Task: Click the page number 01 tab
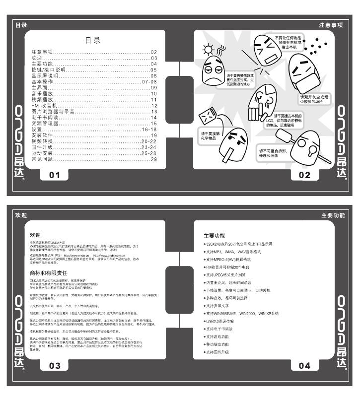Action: [54, 175]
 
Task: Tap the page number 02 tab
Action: [304, 175]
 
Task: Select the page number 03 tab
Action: [54, 366]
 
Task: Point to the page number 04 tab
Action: [304, 366]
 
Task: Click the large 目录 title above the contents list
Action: [93, 41]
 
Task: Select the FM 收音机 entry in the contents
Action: [45, 106]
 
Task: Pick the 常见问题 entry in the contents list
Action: [42, 159]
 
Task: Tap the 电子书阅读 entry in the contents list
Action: [45, 118]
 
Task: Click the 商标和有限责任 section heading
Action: [49, 272]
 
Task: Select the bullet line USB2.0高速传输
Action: [224, 321]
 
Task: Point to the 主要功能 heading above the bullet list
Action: [215, 235]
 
